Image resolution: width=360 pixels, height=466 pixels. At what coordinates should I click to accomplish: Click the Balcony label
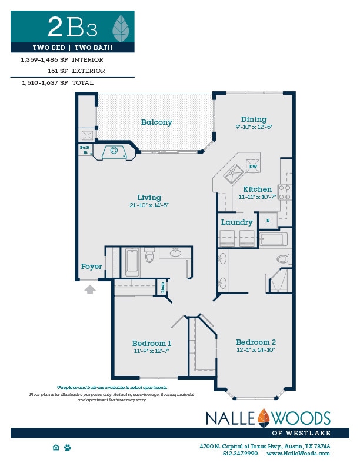(156, 122)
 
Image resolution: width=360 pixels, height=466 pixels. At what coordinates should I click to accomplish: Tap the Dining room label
(254, 119)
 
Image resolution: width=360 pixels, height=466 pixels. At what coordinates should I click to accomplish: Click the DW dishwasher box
(253, 167)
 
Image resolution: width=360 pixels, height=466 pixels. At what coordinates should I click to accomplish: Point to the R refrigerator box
(268, 221)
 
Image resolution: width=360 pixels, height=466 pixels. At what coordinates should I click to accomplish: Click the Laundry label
(236, 222)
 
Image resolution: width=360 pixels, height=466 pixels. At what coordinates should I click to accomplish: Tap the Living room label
(149, 198)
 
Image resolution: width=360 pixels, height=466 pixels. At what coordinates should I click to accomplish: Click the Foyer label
(91, 267)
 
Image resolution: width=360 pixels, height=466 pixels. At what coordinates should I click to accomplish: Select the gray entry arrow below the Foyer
(90, 289)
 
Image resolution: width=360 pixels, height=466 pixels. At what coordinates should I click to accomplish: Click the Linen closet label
(162, 288)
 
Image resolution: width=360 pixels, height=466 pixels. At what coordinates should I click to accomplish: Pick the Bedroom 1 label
(151, 343)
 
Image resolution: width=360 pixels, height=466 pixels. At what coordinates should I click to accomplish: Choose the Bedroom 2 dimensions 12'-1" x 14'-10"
(256, 350)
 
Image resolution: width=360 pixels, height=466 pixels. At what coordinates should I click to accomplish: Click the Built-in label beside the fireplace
(85, 150)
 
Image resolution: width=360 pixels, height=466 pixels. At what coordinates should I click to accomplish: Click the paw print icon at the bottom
(68, 448)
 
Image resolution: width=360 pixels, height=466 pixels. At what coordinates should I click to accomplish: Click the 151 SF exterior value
(58, 71)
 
